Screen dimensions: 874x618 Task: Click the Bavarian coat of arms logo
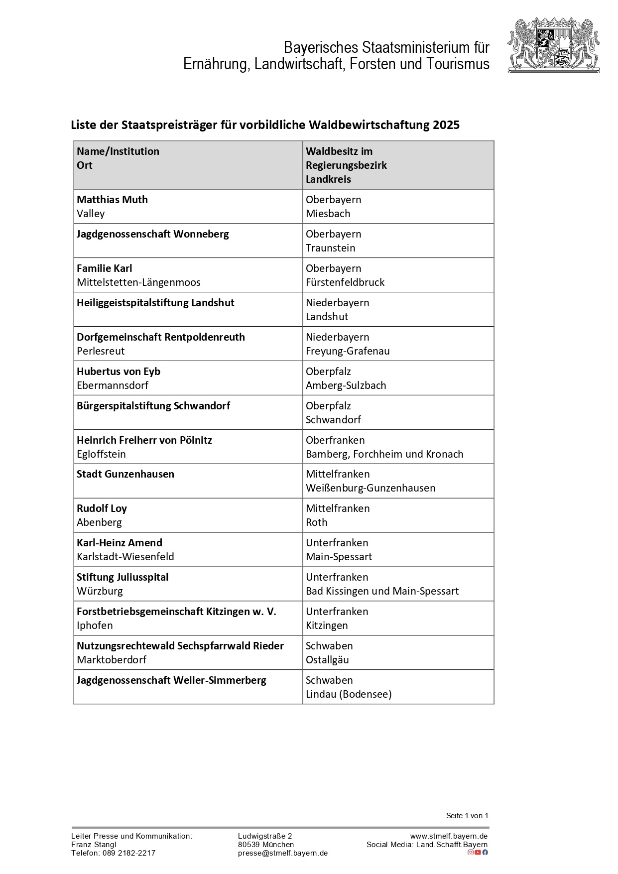[554, 46]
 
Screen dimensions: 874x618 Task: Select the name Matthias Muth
[112, 200]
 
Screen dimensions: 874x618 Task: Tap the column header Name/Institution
[118, 151]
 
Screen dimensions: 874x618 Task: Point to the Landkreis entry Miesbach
[328, 214]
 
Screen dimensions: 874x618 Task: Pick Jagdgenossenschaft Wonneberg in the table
[152, 234]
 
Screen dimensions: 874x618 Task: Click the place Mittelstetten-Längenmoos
[138, 282]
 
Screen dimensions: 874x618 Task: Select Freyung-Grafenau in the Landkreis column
[348, 351]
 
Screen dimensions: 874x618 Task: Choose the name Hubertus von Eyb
[119, 372]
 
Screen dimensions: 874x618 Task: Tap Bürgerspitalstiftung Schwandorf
[153, 406]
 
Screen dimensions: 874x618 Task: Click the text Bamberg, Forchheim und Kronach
[384, 454]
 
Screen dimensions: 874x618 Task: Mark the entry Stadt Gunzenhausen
[125, 474]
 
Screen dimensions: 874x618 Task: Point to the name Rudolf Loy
[102, 508]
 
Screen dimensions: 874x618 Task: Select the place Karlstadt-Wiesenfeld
[125, 557]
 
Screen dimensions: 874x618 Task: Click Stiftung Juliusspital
[123, 577]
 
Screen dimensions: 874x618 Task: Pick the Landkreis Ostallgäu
[327, 660]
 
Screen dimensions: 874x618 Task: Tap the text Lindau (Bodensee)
[349, 694]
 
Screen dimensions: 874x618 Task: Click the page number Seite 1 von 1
[467, 816]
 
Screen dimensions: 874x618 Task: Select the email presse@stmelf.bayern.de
[283, 853]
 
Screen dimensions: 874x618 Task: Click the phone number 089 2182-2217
[129, 853]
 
